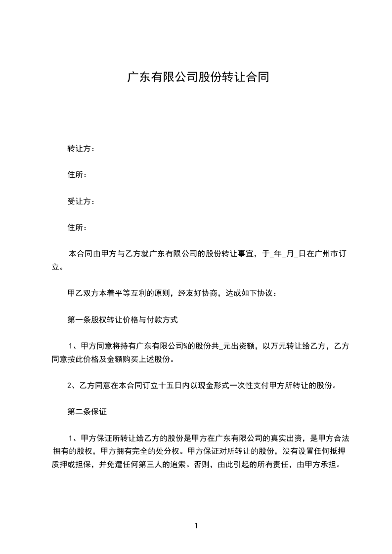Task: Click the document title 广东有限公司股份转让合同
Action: (198, 78)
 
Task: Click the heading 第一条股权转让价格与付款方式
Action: (123, 320)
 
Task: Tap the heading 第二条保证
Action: (87, 411)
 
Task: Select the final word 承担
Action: (331, 465)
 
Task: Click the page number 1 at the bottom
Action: (196, 526)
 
